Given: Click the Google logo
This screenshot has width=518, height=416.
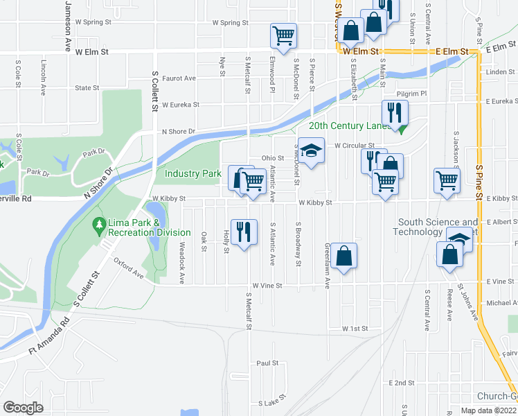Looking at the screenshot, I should pos(23,408).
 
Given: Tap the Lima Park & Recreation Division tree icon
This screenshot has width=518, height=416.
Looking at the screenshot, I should pos(98,225).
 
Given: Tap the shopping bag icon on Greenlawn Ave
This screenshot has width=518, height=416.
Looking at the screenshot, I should pos(343,257).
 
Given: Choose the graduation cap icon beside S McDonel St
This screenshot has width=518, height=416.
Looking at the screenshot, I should pos(312,152).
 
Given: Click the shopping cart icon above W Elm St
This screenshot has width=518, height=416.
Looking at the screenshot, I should pos(283,35).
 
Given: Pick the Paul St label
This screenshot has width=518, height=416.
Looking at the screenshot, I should pos(267,363).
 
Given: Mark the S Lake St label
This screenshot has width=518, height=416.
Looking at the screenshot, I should pos(272,402).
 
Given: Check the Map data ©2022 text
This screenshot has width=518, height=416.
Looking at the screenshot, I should pos(488,410).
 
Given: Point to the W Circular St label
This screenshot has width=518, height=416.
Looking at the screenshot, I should pos(354,146).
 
